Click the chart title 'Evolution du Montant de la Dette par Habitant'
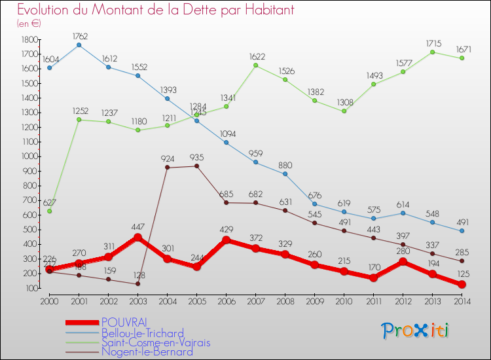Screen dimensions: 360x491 click(x=155, y=10)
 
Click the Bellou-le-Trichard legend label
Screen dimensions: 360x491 click(x=143, y=333)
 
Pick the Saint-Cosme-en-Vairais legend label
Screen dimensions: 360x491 click(x=156, y=342)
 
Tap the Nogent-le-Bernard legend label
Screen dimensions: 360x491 click(x=147, y=352)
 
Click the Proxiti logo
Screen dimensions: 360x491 click(x=416, y=331)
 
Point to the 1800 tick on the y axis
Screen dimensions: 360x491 click(x=29, y=40)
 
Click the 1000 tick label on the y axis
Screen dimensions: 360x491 click(x=29, y=156)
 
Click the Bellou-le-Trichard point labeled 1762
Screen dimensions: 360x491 click(x=79, y=45)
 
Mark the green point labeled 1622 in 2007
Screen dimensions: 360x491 click(x=255, y=65)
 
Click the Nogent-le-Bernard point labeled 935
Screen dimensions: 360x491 click(x=196, y=166)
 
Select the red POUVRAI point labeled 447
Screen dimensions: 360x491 click(x=137, y=238)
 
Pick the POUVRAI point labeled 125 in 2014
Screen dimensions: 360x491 click(x=462, y=285)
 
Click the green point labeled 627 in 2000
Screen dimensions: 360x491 click(x=50, y=211)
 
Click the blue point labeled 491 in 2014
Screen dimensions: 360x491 click(x=462, y=230)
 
